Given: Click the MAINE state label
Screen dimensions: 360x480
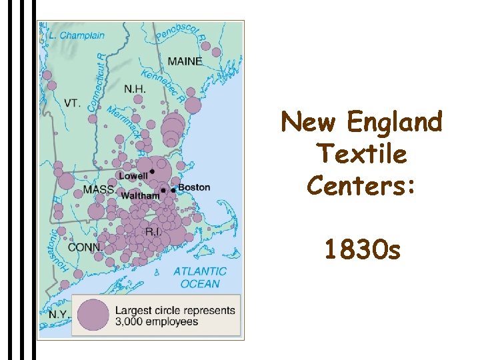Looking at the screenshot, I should [185, 61].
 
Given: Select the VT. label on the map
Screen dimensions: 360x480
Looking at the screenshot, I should [72, 103].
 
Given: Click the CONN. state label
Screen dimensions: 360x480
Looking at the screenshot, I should [85, 247].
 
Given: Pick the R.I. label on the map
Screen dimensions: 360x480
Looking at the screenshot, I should [153, 232].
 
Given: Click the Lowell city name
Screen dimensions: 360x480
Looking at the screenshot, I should [133, 176].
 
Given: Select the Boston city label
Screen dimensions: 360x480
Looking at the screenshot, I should [194, 187].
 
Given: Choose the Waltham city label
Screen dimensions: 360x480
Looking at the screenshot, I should [140, 196].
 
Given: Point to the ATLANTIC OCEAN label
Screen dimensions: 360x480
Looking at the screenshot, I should [200, 277].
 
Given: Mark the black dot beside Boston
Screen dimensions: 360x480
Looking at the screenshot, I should [173, 191].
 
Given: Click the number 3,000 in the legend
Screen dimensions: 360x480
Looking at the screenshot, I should [131, 322].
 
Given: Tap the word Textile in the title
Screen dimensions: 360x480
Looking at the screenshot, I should [362, 154].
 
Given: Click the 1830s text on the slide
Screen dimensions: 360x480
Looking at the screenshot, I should [362, 251].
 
